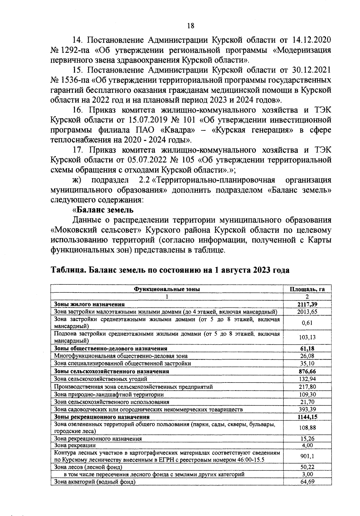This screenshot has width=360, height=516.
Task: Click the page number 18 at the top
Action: (190, 26)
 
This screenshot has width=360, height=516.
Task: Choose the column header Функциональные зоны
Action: (167, 289)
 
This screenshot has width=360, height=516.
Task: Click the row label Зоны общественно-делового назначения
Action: (110, 349)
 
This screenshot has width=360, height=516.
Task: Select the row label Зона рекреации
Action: (75, 445)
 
